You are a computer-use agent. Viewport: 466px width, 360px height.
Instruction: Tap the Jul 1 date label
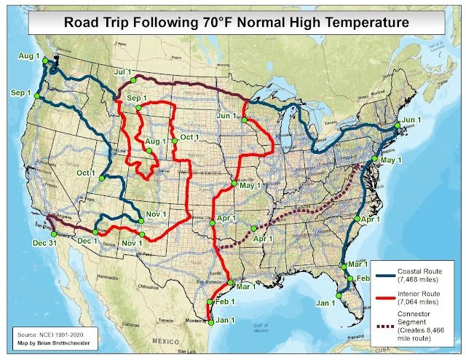click(x=124, y=71)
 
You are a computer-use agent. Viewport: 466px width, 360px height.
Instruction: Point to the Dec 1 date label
click(x=87, y=240)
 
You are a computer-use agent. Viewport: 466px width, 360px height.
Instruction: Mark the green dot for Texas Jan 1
click(x=211, y=321)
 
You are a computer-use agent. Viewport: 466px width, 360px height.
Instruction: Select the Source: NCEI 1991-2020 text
click(x=50, y=331)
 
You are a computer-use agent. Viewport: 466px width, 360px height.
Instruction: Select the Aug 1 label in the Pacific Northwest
click(x=28, y=56)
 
